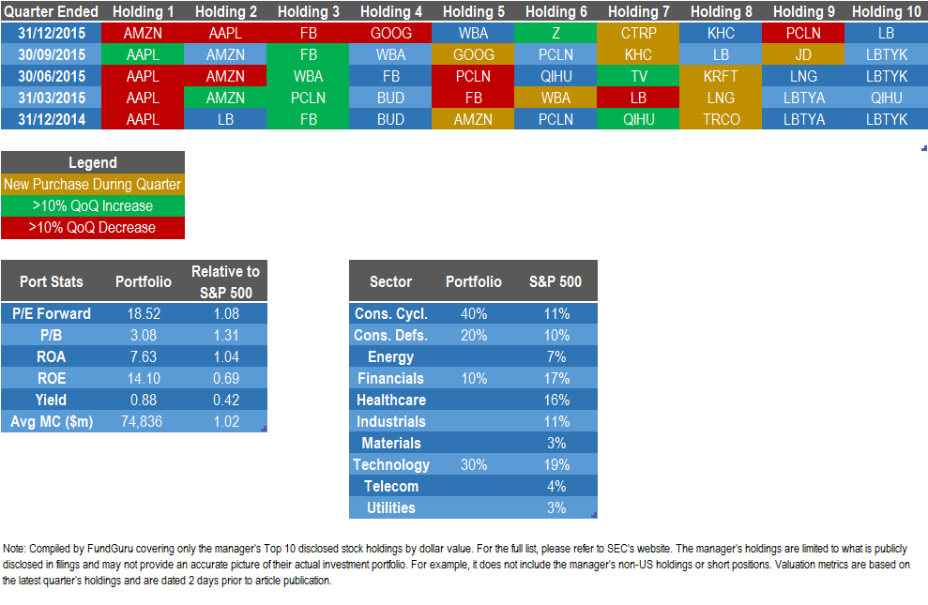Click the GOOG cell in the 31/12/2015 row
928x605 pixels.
(391, 33)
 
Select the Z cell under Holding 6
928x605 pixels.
(556, 33)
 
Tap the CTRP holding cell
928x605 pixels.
(639, 33)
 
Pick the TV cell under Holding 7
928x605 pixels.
(639, 76)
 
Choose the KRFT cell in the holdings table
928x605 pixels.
(721, 76)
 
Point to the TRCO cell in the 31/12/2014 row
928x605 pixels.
(721, 119)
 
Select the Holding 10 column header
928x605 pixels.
(887, 11)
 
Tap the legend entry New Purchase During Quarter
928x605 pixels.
(92, 184)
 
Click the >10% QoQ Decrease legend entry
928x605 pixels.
(92, 227)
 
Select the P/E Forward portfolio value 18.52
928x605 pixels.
(144, 314)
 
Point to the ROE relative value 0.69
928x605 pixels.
(225, 379)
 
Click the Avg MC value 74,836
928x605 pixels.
(144, 422)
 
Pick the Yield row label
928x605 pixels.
(52, 401)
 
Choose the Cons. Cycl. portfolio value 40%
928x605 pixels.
(474, 314)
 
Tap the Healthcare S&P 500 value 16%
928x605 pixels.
(555, 401)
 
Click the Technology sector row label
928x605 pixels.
(391, 465)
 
